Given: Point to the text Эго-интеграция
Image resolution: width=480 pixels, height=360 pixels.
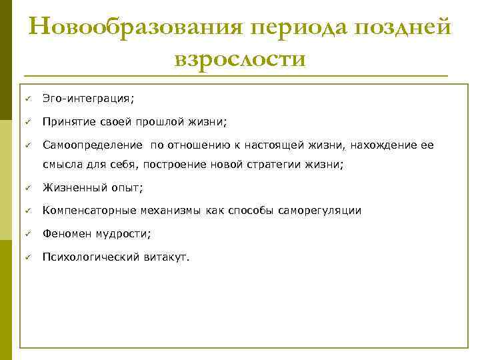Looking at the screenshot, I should click(88, 99).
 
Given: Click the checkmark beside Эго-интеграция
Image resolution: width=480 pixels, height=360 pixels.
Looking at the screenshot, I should click(29, 99).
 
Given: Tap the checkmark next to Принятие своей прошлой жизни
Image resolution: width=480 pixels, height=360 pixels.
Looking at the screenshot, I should click(29, 121).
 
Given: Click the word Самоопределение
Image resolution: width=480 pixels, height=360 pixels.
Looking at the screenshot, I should click(93, 144).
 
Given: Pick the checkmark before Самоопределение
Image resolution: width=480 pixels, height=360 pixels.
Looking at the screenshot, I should click(29, 144).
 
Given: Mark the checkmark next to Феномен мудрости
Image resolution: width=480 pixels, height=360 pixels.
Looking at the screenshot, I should click(29, 233).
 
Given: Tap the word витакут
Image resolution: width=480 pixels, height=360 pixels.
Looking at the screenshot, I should click(166, 256).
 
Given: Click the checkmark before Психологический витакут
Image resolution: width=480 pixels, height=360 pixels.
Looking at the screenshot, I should click(29, 256).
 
